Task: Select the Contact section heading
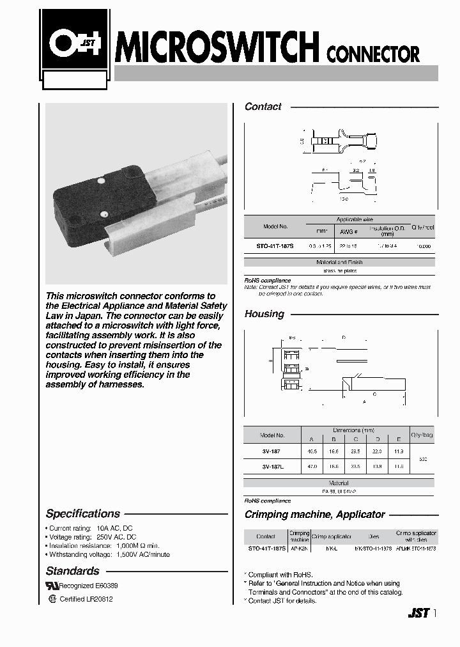coord(263,107)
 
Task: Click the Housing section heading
coord(264,314)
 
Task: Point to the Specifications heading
coord(83,513)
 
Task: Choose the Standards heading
coord(72,571)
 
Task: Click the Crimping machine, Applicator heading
coord(314,514)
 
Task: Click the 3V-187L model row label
coord(273,466)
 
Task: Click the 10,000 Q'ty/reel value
coord(423,246)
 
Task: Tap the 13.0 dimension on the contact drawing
coord(344,199)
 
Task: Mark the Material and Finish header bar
coord(341,262)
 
